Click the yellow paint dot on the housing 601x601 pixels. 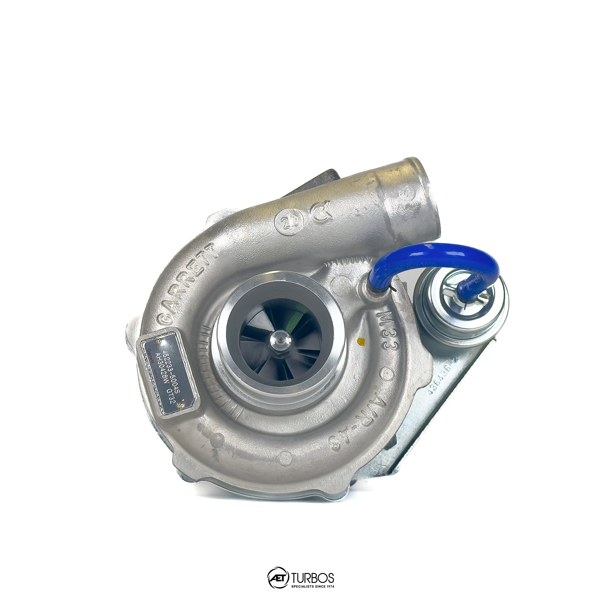pos(361,341)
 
